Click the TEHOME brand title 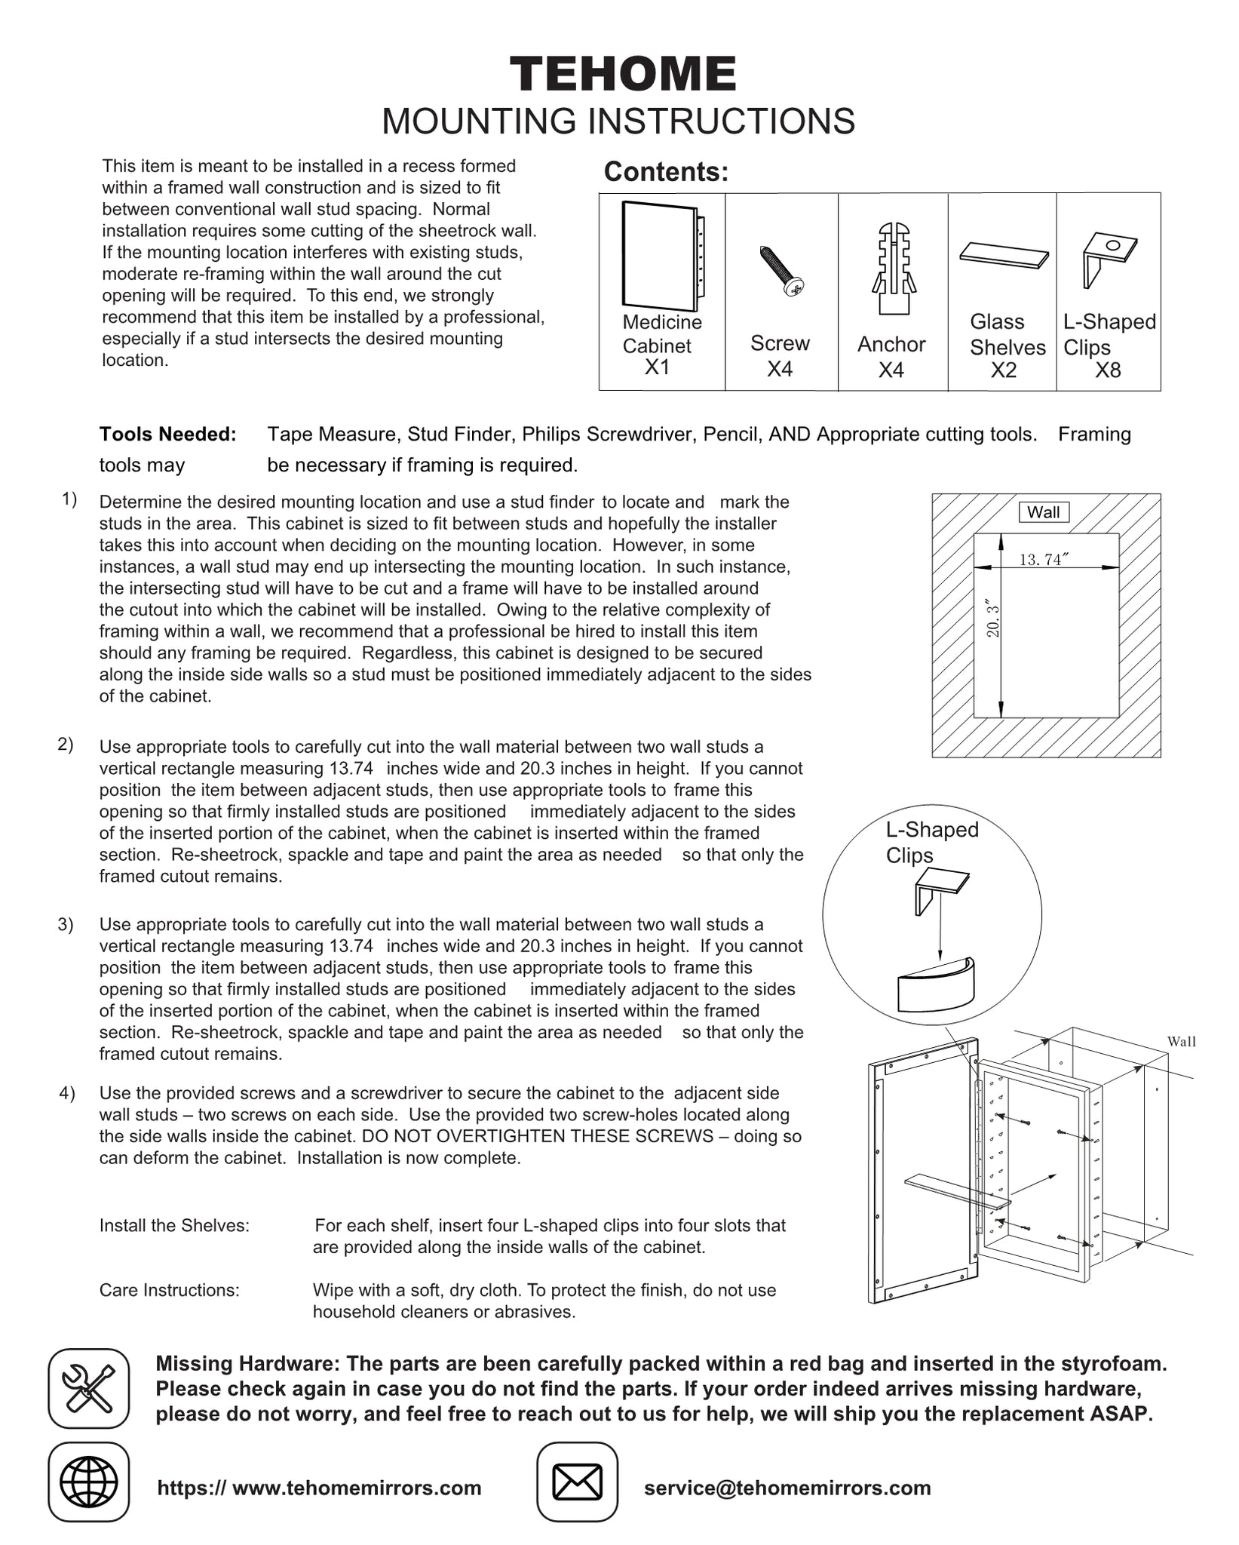pyautogui.click(x=623, y=75)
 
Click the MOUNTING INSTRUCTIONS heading pyautogui.click(x=618, y=121)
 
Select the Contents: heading pyautogui.click(x=666, y=172)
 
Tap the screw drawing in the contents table pyautogui.click(x=782, y=270)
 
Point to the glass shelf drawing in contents pyautogui.click(x=1004, y=254)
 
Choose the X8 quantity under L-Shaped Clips pyautogui.click(x=1108, y=370)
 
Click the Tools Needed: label pyautogui.click(x=167, y=435)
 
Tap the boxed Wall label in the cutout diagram pyautogui.click(x=1044, y=512)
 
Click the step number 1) pyautogui.click(x=69, y=499)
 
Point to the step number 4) pyautogui.click(x=67, y=1093)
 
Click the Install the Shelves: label pyautogui.click(x=174, y=1226)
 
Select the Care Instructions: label pyautogui.click(x=170, y=1291)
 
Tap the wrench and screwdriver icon pyautogui.click(x=88, y=1389)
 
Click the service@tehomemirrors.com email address pyautogui.click(x=787, y=1488)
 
